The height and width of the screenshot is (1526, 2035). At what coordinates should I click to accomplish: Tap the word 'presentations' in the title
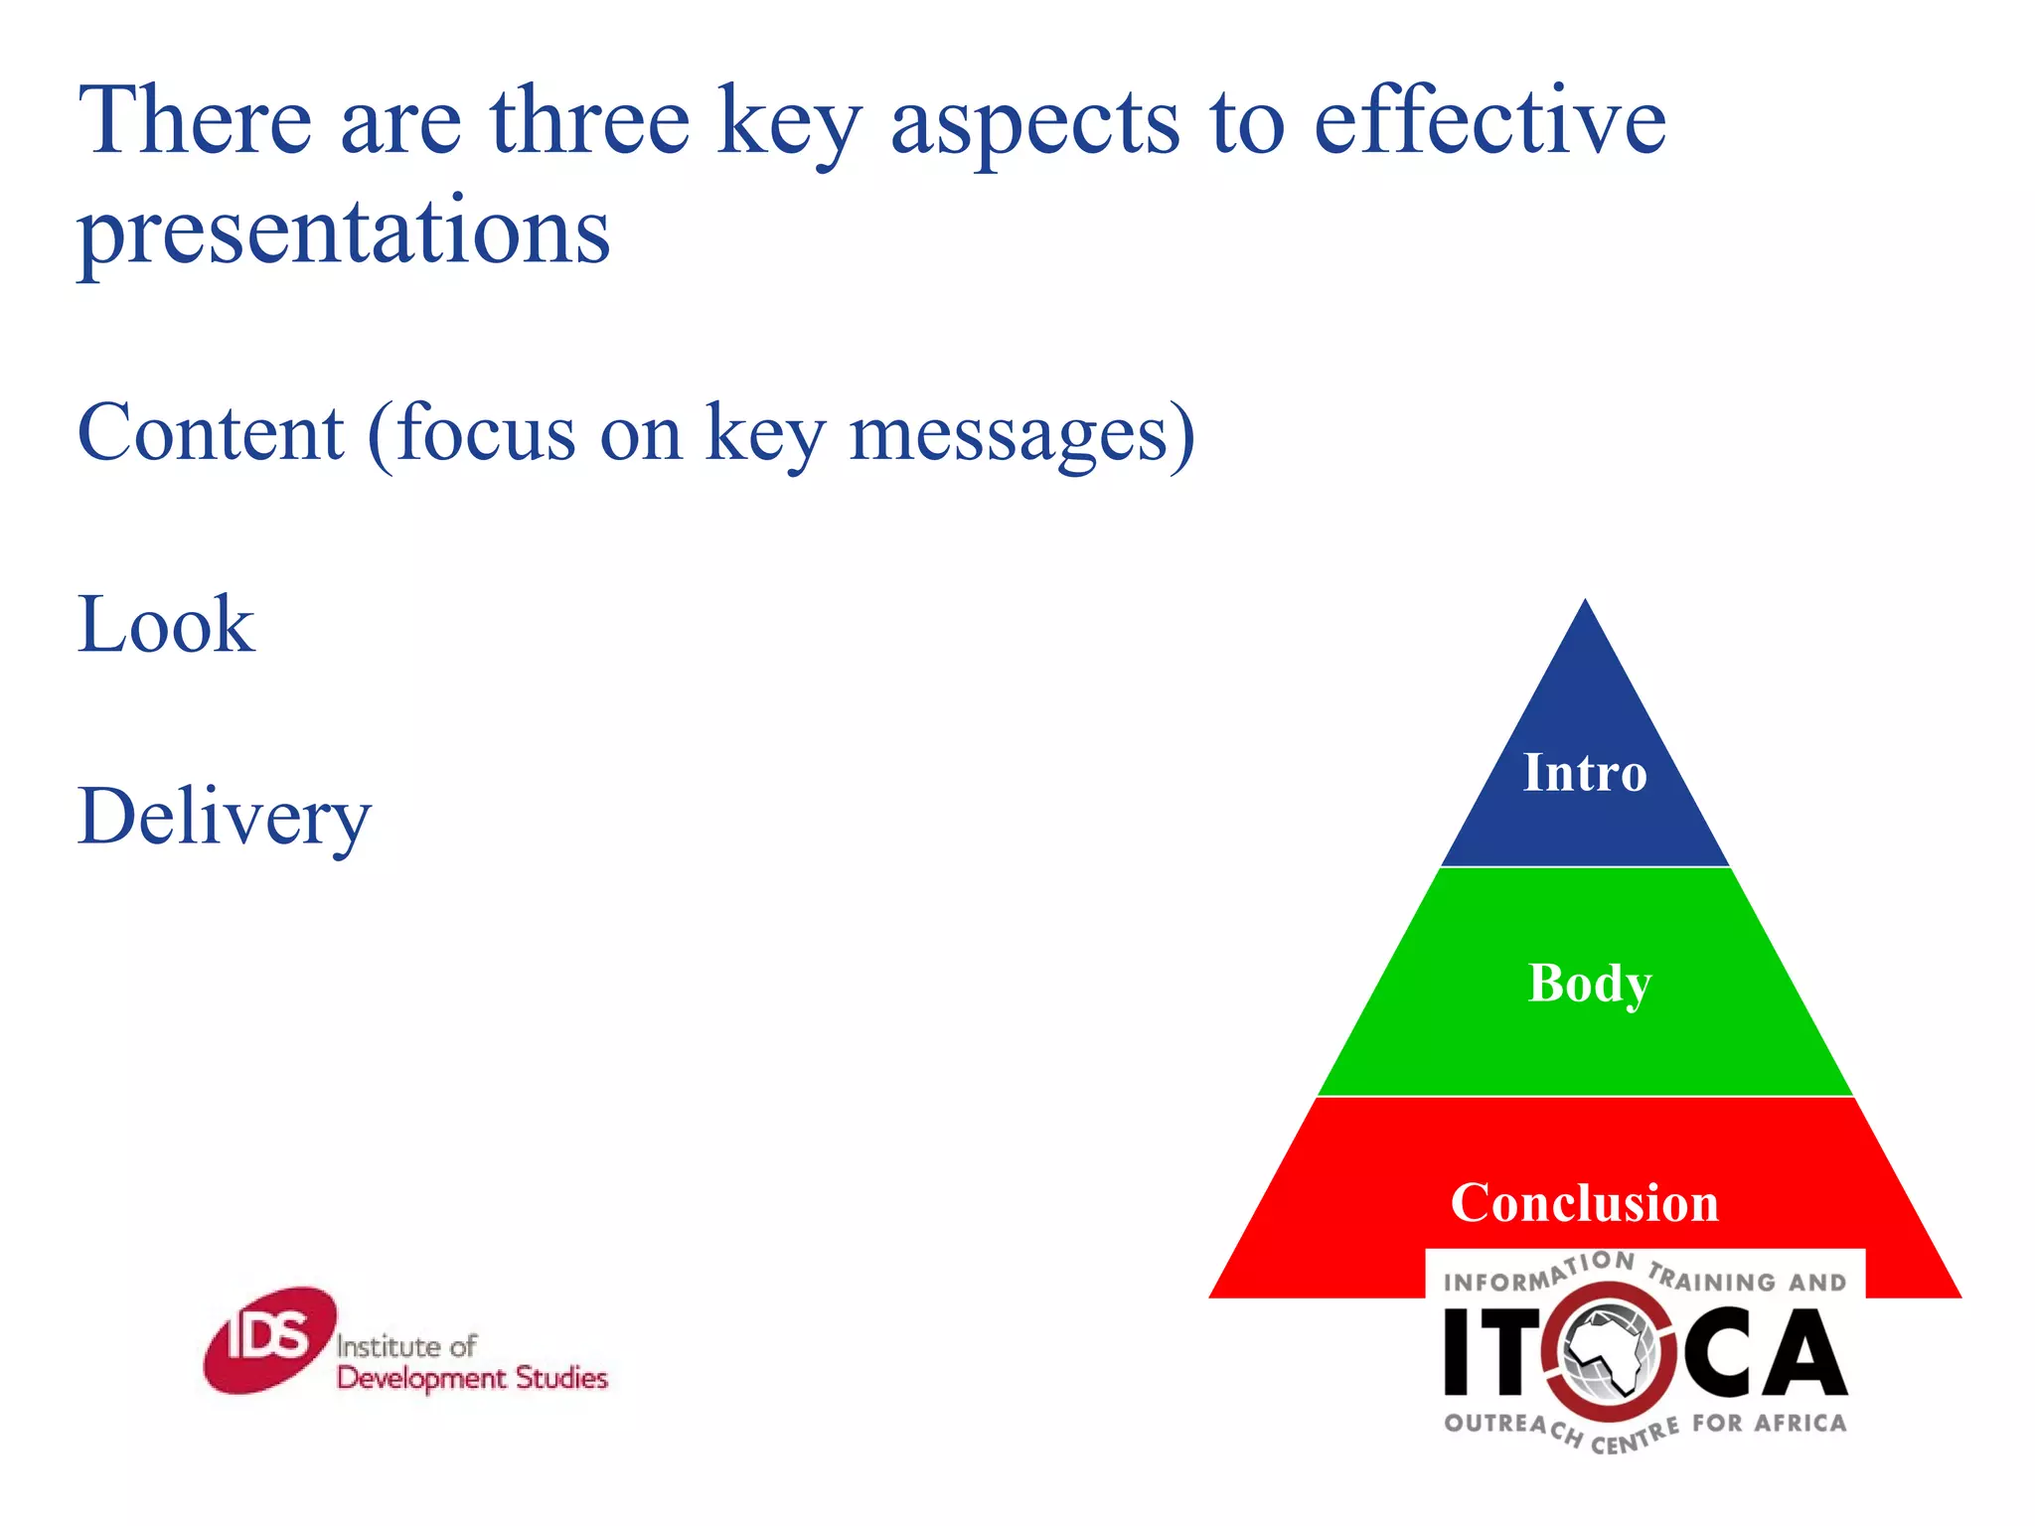pos(344,231)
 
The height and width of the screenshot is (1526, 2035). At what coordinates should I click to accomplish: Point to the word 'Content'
pos(211,433)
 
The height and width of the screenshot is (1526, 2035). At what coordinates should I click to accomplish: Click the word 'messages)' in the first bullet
pos(1022,435)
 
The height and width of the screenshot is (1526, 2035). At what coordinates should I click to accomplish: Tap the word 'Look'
pos(166,625)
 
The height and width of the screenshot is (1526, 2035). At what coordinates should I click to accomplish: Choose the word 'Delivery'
pos(224,818)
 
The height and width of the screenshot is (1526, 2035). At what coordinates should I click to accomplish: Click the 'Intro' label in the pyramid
pos(1585,773)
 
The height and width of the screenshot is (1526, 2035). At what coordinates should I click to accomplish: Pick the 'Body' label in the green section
pos(1589,984)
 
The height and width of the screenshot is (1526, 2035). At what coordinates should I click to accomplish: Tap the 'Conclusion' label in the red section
pos(1584,1203)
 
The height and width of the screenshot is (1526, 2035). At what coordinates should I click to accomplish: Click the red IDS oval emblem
pos(269,1339)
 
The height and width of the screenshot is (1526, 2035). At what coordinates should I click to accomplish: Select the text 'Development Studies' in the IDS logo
pos(472,1379)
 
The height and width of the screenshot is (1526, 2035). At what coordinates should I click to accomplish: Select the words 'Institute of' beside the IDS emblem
pos(405,1346)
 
